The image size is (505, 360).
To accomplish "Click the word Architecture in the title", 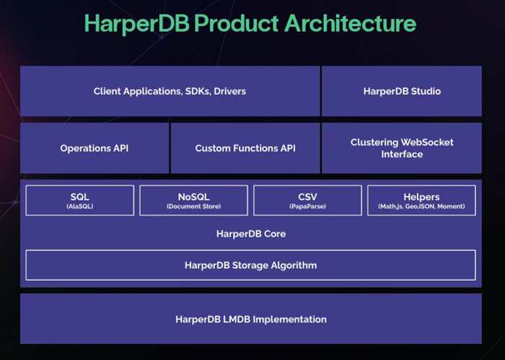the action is (x=350, y=23).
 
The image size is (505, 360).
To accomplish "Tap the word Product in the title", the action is (x=237, y=23).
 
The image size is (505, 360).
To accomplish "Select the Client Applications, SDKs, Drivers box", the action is (x=170, y=91).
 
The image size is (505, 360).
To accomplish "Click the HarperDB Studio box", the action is (x=402, y=91).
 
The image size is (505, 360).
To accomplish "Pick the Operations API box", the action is (x=95, y=148).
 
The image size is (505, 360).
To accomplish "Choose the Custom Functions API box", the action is (x=245, y=148).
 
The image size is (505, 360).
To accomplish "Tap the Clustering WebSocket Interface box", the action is (x=402, y=148).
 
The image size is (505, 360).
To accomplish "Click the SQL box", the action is (x=80, y=201).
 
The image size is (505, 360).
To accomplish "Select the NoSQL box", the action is (x=193, y=201).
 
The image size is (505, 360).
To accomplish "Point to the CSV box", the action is (x=307, y=201).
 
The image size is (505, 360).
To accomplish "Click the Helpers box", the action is (x=421, y=201).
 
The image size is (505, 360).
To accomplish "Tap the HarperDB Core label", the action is (x=251, y=234).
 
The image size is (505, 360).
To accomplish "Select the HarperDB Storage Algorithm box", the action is (x=250, y=265).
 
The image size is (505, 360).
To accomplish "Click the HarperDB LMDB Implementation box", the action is (x=251, y=319).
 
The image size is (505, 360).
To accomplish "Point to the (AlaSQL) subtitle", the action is (x=80, y=206).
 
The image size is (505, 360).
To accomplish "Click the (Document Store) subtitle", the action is (x=193, y=206).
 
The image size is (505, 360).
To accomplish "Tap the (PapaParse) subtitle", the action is (x=307, y=206).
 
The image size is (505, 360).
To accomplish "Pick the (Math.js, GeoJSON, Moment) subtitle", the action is (x=421, y=206).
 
